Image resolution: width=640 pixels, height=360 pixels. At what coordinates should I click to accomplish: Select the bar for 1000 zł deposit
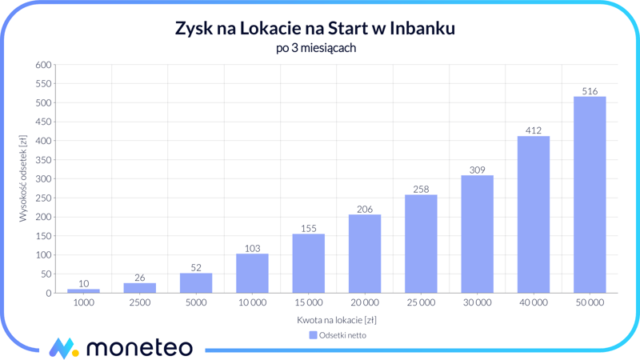(x=84, y=291)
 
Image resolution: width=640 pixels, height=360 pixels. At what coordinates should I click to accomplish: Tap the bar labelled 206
(x=365, y=254)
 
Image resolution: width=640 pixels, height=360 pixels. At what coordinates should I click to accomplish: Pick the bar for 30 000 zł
(x=477, y=234)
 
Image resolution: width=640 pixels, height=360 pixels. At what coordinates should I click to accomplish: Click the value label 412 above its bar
(x=534, y=130)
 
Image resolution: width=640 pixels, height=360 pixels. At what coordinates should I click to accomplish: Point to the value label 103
(x=252, y=248)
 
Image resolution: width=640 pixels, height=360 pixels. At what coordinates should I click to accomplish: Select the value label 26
(x=140, y=278)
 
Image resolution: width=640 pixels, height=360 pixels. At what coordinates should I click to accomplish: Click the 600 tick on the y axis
(x=43, y=65)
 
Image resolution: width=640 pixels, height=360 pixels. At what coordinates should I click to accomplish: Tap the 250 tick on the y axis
(x=43, y=198)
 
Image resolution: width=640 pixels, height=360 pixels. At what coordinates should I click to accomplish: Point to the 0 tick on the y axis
(x=48, y=294)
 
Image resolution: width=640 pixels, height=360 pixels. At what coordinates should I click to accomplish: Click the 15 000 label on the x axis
(x=308, y=303)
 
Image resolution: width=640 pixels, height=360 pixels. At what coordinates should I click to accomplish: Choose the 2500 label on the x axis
(x=140, y=303)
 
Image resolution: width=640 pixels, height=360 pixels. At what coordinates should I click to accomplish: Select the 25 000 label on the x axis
(x=421, y=303)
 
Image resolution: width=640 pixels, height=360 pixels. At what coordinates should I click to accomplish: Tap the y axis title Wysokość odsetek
(x=23, y=178)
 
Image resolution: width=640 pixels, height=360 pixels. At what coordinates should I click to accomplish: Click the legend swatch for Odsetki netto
(x=314, y=335)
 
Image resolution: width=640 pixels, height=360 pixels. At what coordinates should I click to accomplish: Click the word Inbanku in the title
(x=423, y=29)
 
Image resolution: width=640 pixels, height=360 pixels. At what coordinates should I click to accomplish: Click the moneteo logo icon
(x=63, y=348)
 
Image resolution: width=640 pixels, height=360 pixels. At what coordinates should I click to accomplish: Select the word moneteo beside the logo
(x=138, y=348)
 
